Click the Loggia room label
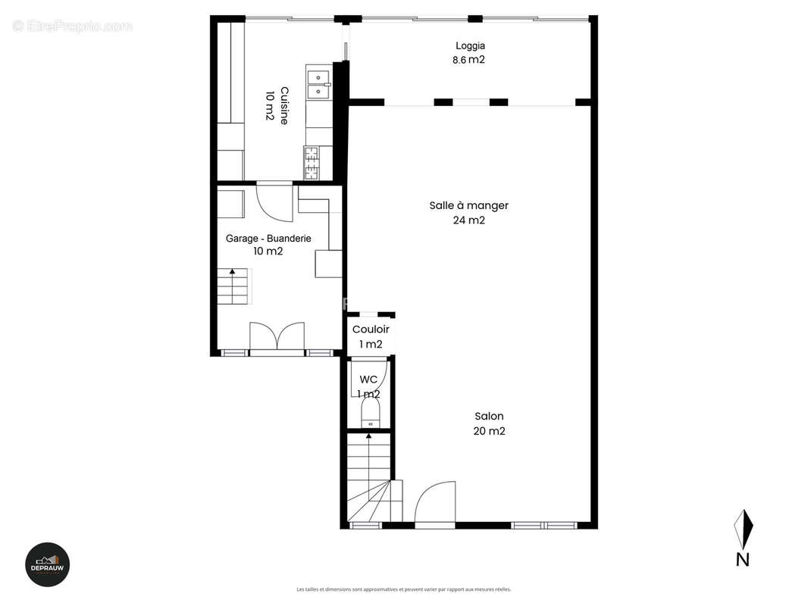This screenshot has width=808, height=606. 470,45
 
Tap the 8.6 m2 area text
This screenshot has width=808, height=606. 470,60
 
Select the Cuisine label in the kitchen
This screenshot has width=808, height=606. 284,106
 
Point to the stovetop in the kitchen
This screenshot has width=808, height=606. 313,162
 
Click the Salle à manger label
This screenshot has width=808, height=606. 468,205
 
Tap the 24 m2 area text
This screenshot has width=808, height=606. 468,220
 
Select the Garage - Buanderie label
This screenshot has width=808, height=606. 268,238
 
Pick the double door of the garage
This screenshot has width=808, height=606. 277,336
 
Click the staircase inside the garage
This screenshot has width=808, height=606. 233,286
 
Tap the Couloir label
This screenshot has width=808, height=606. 371,330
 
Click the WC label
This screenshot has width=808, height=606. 368,379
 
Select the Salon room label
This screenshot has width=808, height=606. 489,416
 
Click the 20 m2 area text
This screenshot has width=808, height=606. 489,431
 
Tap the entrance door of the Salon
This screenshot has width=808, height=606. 435,502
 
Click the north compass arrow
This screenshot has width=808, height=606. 744,528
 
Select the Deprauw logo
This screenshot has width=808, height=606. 49,564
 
